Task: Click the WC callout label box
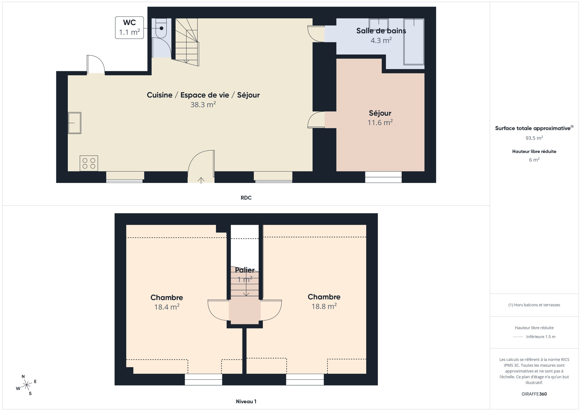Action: [x=129, y=28]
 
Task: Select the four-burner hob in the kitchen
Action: [x=89, y=163]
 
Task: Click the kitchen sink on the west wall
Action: [x=74, y=123]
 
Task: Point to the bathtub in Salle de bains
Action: [x=414, y=42]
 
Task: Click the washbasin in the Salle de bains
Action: [x=379, y=24]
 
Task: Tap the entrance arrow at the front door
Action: [x=201, y=180]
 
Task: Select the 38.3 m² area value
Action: [x=203, y=105]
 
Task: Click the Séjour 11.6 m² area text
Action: [x=380, y=123]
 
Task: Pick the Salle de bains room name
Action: [x=381, y=31]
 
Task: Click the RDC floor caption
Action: [x=246, y=198]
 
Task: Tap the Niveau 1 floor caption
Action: [x=246, y=401]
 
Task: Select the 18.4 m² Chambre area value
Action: [x=167, y=307]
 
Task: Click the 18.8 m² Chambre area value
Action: [x=324, y=306]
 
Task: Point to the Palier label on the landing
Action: [x=245, y=270]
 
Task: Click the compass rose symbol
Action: [x=26, y=385]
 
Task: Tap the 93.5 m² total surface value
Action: [x=534, y=138]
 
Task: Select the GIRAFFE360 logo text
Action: [x=534, y=394]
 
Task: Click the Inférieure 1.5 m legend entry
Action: [x=541, y=337]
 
